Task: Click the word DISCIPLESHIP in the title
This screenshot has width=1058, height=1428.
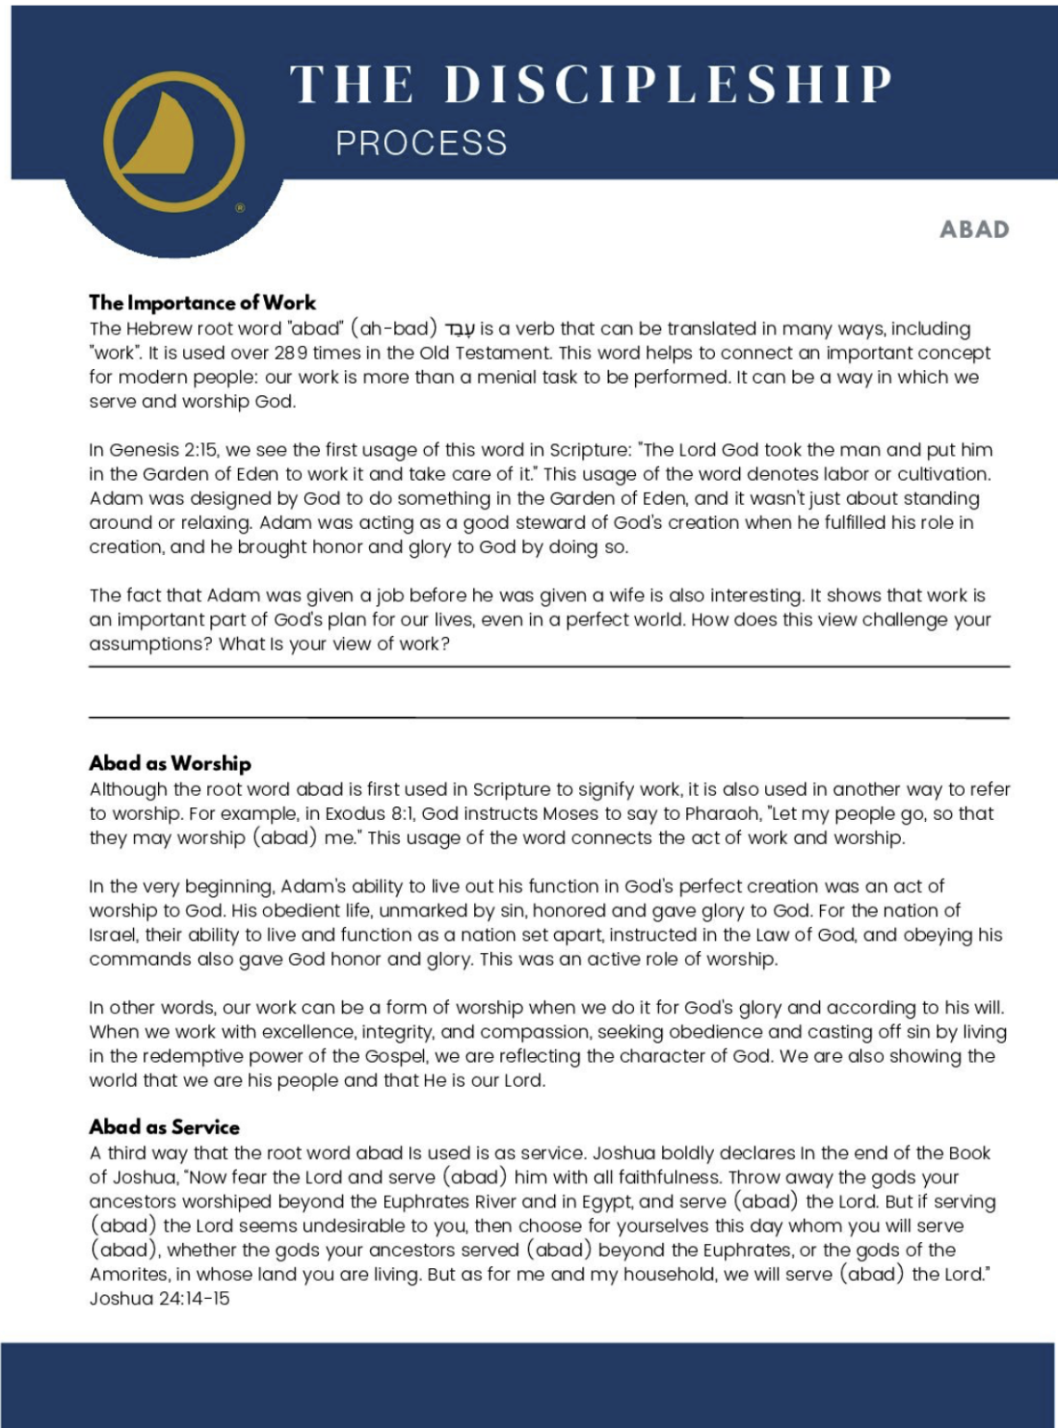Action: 668,86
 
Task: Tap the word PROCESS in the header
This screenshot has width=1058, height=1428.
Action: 421,143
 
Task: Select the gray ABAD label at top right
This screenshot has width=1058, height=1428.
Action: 973,230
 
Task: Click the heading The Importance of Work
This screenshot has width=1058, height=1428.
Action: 203,302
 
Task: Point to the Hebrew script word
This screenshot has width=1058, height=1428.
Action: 459,330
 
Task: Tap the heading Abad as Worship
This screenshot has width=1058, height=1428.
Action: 170,763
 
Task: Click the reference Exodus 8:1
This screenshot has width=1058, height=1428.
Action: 368,813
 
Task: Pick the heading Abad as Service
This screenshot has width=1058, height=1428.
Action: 165,1127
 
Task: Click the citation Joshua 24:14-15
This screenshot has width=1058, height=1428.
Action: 159,1299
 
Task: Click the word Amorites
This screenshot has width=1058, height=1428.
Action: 129,1275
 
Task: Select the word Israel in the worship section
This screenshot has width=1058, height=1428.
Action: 112,935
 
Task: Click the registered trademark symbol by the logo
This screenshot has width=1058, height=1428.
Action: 240,208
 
